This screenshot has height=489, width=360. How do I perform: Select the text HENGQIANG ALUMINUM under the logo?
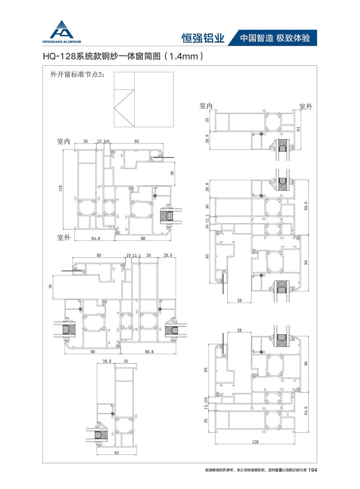[62, 42]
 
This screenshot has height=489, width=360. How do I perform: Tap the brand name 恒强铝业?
[203, 38]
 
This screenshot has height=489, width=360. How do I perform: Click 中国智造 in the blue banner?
[256, 38]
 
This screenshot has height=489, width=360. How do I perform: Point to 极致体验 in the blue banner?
[293, 38]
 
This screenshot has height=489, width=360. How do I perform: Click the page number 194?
[313, 470]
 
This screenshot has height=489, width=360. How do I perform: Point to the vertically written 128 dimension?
[60, 188]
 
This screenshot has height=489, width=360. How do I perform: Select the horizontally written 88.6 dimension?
[149, 352]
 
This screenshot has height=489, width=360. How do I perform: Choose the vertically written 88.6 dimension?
[306, 206]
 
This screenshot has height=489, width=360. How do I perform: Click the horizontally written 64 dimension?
[117, 453]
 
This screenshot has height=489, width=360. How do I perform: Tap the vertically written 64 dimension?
[298, 129]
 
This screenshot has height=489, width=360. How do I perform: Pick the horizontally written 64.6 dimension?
[96, 238]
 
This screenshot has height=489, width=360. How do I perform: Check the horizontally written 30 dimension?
[149, 255]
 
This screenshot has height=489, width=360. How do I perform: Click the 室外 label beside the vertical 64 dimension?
[306, 107]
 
